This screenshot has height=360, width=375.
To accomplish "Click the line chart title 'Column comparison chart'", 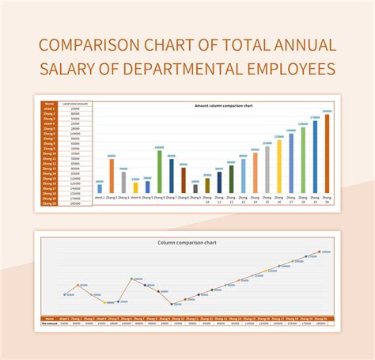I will (187, 242).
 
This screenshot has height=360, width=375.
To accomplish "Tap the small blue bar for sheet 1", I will (100, 189).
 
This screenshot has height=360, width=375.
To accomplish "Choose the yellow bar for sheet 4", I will (135, 188).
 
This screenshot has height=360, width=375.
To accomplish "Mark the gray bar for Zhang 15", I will (267, 170).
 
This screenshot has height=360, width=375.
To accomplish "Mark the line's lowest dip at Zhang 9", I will (172, 303).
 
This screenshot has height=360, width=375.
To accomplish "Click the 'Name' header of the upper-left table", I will (50, 104).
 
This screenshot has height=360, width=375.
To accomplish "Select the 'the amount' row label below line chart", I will (50, 322).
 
